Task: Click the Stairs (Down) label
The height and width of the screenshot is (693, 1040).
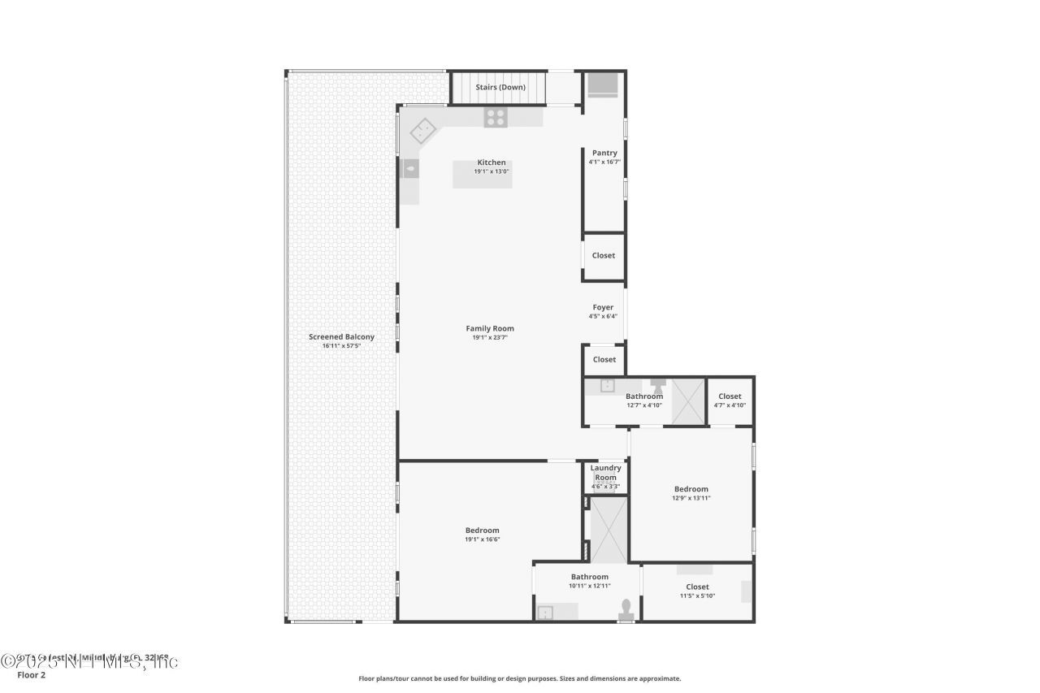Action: [x=500, y=87]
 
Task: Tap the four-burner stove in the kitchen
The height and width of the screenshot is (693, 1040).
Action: [x=496, y=118]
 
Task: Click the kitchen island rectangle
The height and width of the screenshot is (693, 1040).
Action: [x=483, y=175]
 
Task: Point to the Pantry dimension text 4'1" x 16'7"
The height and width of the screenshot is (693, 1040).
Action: [x=604, y=162]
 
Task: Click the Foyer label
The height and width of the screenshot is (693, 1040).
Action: [x=603, y=307]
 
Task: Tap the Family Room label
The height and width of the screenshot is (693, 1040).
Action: [x=490, y=328]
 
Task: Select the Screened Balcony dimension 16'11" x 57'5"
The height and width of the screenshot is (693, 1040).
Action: [x=341, y=346]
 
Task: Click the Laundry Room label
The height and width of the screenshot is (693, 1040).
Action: [x=605, y=472]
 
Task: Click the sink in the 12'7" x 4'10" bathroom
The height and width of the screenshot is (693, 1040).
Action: [x=608, y=386]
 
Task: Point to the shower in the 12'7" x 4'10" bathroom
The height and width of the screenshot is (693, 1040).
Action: [x=687, y=401]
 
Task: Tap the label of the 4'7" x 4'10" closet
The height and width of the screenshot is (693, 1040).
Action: [x=730, y=396]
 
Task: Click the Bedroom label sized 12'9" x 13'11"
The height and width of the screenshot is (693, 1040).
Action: [x=691, y=489]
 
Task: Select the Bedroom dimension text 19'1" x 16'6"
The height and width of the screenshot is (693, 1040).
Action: [x=482, y=539]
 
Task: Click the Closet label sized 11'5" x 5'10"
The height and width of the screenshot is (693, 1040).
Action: [x=697, y=587]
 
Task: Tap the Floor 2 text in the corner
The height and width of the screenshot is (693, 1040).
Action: [x=32, y=675]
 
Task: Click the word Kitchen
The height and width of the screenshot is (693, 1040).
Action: [x=492, y=162]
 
